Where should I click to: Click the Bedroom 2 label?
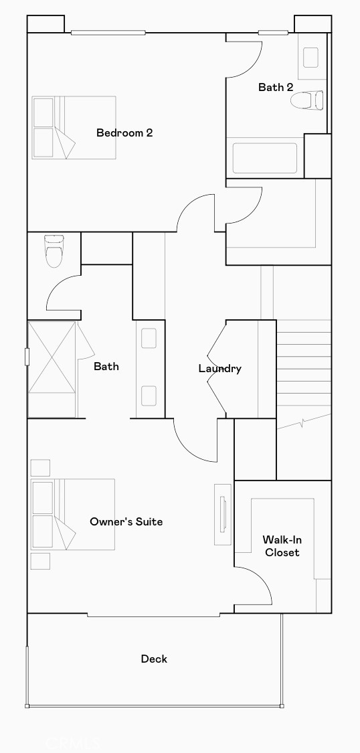click(x=124, y=133)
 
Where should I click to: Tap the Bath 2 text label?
click(x=276, y=87)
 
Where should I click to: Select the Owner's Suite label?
click(x=126, y=521)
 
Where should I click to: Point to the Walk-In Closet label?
click(x=282, y=546)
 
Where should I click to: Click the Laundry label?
click(x=220, y=368)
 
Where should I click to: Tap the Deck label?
click(x=154, y=659)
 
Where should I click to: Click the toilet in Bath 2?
click(x=306, y=100)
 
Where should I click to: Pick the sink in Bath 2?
click(x=310, y=58)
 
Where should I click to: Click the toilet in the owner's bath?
click(x=54, y=251)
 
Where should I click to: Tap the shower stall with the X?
click(x=52, y=369)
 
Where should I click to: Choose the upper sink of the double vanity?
click(x=149, y=338)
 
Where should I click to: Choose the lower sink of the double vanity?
click(x=149, y=396)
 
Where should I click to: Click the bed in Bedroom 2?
click(x=74, y=128)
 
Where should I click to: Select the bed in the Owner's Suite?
click(x=73, y=514)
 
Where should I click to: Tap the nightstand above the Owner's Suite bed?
click(x=40, y=468)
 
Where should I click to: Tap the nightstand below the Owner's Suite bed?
click(x=40, y=562)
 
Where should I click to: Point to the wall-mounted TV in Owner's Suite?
click(x=222, y=514)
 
